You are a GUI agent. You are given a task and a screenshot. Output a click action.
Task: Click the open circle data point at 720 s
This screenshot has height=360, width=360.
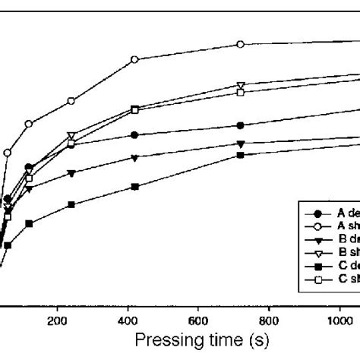coord(241,45)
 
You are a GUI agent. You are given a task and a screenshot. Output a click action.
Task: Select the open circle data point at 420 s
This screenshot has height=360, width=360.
coord(134,59)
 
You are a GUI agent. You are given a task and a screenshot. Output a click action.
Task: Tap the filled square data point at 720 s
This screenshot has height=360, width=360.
coord(241,155)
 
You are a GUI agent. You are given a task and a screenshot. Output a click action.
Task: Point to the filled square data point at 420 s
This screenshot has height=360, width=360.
coord(134,187)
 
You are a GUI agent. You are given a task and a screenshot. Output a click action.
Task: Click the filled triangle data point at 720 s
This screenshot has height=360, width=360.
coord(241,144)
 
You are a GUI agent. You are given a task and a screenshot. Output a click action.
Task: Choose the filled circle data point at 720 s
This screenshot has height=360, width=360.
coord(241,125)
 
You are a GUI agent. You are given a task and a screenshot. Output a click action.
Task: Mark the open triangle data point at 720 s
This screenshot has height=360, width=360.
coord(241,85)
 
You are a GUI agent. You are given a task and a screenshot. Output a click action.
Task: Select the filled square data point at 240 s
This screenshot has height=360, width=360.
coord(71,205)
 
